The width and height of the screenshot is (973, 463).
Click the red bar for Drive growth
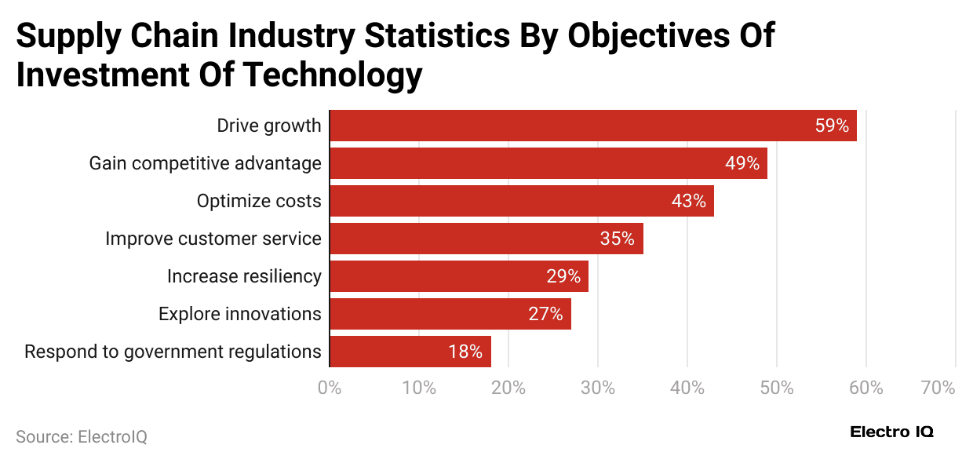[592, 126]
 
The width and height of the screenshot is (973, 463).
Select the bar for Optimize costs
[522, 201]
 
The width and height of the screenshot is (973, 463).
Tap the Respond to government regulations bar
[410, 352]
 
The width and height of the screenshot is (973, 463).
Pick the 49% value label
[742, 163]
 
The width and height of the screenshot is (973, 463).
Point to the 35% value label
[617, 239]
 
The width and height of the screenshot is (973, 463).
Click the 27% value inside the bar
[545, 314]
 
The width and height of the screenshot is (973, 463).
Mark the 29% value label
[563, 276]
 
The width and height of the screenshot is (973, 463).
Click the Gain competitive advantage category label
[205, 163]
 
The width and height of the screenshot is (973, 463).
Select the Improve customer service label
[213, 239]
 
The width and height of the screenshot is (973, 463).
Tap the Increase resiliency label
[244, 276]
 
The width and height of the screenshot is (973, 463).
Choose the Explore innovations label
[239, 314]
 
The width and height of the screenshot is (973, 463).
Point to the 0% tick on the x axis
[329, 388]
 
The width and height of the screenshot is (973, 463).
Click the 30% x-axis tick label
[597, 388]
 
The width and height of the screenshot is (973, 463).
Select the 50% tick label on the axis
[776, 388]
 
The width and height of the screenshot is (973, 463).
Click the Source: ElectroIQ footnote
[82, 437]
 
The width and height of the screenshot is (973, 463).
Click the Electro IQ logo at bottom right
[892, 432]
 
